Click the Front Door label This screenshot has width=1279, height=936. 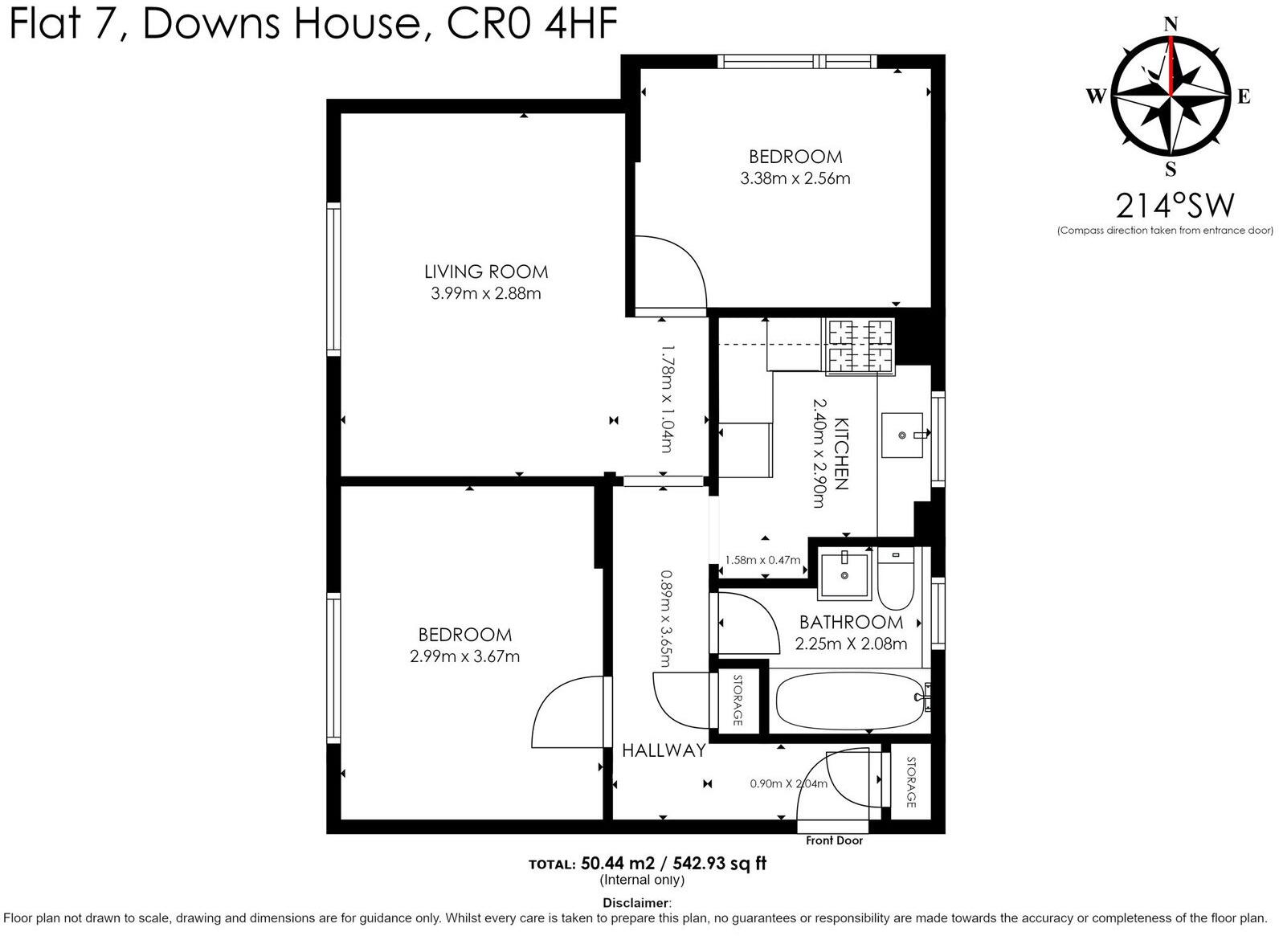834,840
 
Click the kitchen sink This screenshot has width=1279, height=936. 902,435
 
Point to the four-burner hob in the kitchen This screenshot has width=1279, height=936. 860,347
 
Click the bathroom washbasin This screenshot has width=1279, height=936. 844,574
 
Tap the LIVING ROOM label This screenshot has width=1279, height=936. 486,272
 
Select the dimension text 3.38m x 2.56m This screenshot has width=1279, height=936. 795,178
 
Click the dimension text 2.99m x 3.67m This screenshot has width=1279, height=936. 464,656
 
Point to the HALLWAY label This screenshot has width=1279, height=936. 664,750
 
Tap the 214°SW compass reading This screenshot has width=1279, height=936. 1174,206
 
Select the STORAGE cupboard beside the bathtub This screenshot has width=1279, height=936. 738,700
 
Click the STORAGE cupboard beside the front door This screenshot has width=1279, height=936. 910,782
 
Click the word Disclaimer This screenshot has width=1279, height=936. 635,903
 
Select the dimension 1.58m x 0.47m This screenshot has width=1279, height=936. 762,560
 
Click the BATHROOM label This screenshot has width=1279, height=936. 851,622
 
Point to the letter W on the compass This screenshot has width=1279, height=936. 1097,97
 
